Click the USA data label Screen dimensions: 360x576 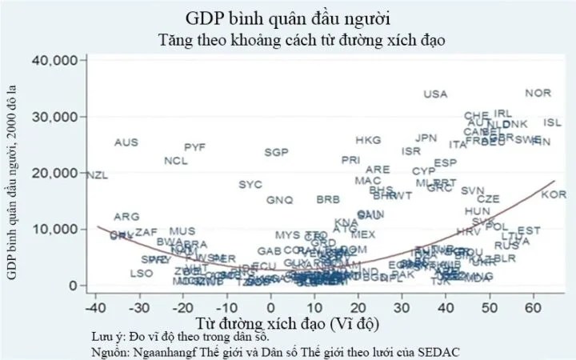[x=435, y=94]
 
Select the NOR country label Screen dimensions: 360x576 [x=538, y=93]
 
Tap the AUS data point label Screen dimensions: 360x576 [x=126, y=142]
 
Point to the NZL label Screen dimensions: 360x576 [x=96, y=175]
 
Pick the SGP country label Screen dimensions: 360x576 [x=276, y=152]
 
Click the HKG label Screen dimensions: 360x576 [x=368, y=140]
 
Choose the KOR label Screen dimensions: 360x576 [x=553, y=195]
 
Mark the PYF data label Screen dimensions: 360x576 [x=195, y=147]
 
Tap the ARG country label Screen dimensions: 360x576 [x=126, y=217]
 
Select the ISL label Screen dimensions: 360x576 [x=553, y=122]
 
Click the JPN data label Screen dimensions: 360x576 [x=426, y=138]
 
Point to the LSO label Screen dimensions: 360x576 [x=141, y=274]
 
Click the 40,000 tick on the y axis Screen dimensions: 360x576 [x=54, y=61]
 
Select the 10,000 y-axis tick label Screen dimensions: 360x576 [x=54, y=229]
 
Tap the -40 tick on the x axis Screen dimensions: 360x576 [x=95, y=306]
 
